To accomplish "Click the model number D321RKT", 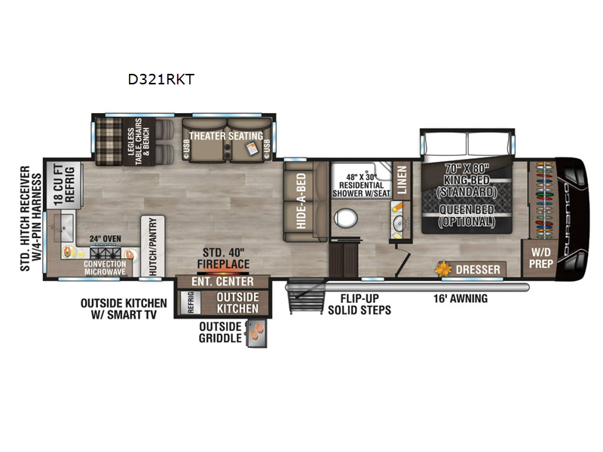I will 162,77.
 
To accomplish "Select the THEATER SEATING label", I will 225,136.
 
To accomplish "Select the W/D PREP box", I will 540,257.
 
